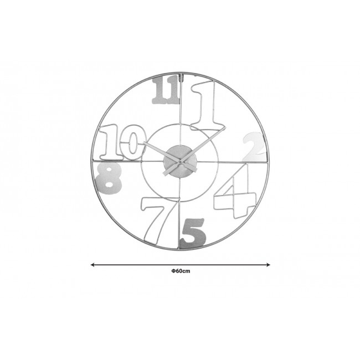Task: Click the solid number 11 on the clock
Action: coord(166,90)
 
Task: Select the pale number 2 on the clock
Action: coord(254,147)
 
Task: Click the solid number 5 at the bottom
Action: coord(193,234)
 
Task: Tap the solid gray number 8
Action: coord(108,178)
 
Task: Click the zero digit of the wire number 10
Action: coord(133,142)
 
